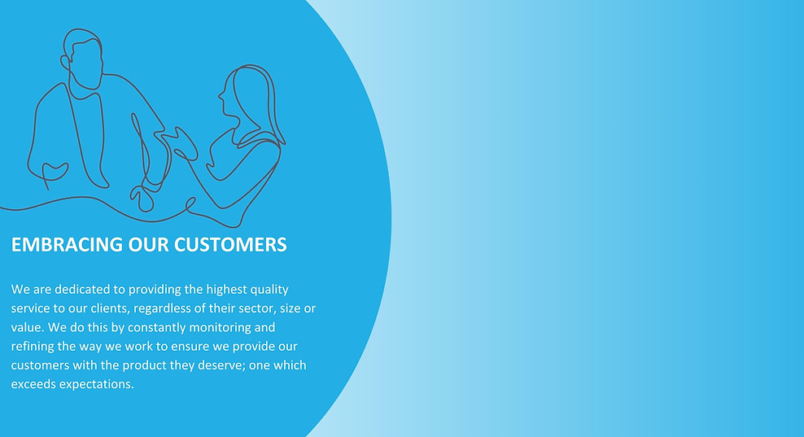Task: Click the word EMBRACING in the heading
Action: point(68,245)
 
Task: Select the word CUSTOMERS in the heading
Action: point(230,245)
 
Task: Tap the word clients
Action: point(109,308)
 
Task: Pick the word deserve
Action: point(224,365)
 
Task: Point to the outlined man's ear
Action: point(65,63)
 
